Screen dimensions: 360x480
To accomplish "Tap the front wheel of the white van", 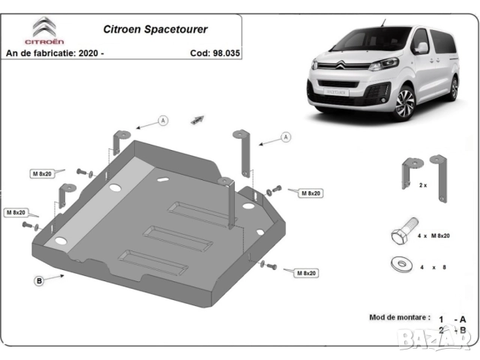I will point(406,103).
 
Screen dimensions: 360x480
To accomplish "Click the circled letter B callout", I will point(38,280).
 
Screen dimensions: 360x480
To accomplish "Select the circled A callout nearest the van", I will point(286,137).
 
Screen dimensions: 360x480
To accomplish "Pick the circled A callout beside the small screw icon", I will point(163,120).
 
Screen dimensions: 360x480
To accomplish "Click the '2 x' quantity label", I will point(422,184).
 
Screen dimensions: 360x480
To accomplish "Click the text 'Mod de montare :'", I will point(400,317).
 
